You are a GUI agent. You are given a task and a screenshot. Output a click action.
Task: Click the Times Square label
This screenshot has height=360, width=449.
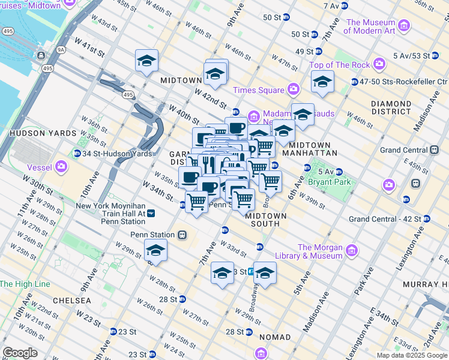pos(258,90)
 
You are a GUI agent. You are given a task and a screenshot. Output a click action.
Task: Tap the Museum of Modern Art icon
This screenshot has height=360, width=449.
pos(404,26)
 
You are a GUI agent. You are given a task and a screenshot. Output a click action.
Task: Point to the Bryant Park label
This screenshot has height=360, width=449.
pos(328,181)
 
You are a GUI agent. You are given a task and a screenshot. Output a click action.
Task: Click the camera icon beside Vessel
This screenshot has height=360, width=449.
pos(61,166)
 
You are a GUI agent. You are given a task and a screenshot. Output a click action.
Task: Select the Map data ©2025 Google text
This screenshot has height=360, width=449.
pos(411,355)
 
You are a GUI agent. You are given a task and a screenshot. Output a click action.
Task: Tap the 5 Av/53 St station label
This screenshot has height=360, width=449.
pos(411,56)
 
